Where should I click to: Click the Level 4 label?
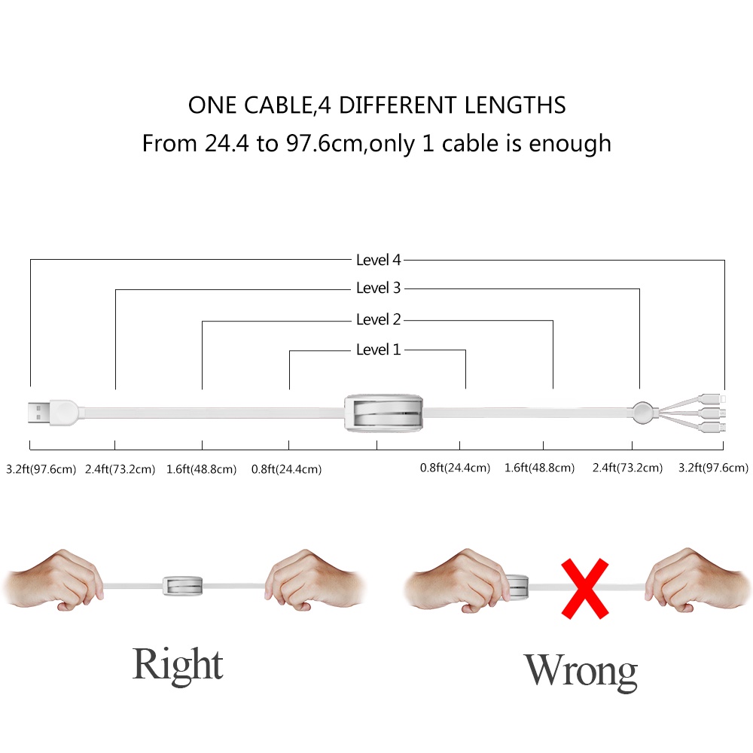click(x=378, y=261)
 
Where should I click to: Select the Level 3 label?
click(x=378, y=288)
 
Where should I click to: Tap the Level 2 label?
click(x=378, y=320)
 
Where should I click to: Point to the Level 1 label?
click(x=378, y=350)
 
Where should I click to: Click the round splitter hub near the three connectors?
click(x=642, y=412)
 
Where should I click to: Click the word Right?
click(x=178, y=665)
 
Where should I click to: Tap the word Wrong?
click(x=580, y=670)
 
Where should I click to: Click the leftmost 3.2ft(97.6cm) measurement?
click(x=41, y=469)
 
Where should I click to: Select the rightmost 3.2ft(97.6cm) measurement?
click(x=713, y=468)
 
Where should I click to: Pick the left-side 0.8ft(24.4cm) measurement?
click(x=286, y=469)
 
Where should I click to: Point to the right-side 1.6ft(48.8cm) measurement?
click(x=539, y=468)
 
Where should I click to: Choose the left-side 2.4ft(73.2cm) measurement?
click(x=120, y=469)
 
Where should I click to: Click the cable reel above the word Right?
click(x=181, y=585)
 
